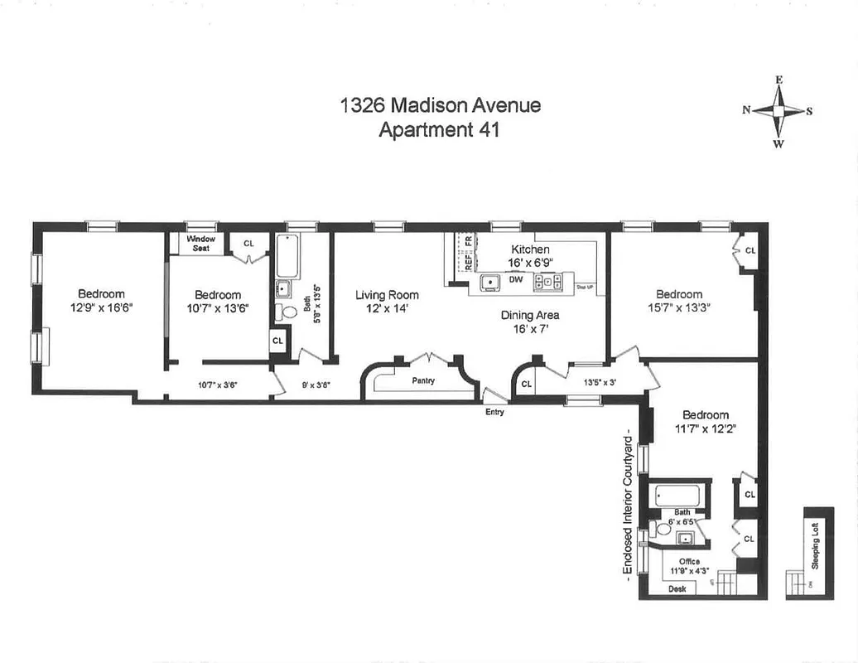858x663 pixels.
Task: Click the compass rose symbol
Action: pos(778,111)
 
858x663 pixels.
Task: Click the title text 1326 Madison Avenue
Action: pos(441,105)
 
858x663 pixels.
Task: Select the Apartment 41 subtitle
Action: pos(439,130)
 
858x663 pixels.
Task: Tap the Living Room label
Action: pos(387,295)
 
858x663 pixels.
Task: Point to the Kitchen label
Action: pos(530,249)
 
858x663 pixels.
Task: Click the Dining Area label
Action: pos(530,315)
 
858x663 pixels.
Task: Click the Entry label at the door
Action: pos(494,411)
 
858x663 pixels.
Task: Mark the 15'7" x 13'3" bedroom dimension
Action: pos(679,307)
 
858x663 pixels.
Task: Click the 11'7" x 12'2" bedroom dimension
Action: pos(706,428)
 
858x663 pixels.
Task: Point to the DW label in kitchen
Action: pos(516,280)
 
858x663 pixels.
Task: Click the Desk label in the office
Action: pos(677,589)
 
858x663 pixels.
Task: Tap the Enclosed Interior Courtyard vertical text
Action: pos(630,506)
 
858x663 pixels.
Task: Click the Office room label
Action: pos(689,562)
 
